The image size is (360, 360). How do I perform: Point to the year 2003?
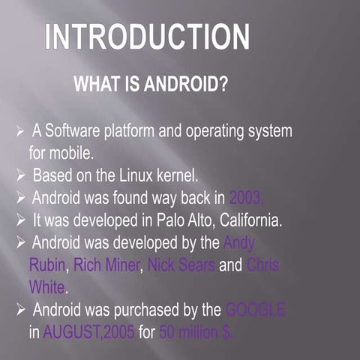pos(247,198)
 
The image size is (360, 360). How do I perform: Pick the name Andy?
pos(239,243)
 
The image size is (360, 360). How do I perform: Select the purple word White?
pos(46,286)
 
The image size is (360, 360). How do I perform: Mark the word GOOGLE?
pos(255,309)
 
